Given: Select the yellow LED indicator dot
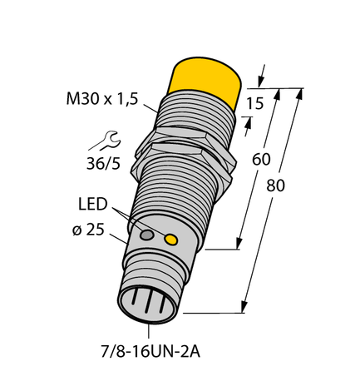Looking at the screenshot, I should [172, 240].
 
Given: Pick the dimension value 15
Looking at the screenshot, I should [259, 103].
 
